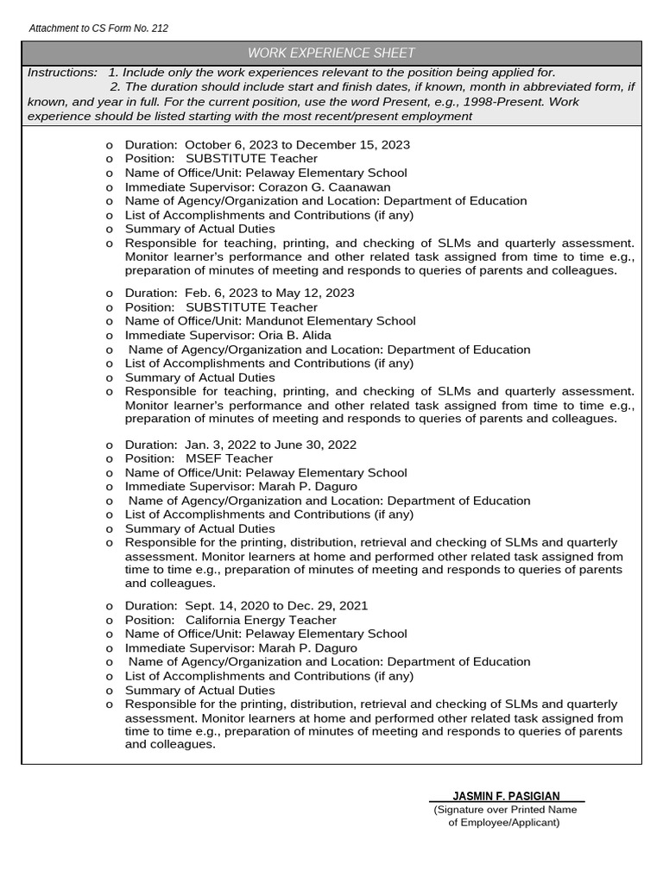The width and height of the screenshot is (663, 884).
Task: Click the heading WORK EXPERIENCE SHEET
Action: coord(331,54)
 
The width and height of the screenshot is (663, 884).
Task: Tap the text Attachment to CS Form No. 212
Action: coord(98,28)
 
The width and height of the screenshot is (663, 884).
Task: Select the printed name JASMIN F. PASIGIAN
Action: coord(506,796)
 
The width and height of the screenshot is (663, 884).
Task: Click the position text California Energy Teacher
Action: coord(261,620)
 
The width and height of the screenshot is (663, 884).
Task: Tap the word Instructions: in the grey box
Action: coord(62,73)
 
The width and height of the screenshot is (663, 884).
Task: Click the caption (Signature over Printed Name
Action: coord(505,810)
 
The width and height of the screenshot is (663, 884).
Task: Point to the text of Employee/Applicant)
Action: coord(504,823)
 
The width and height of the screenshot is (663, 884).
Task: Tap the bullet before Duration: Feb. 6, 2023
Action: coord(109,294)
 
